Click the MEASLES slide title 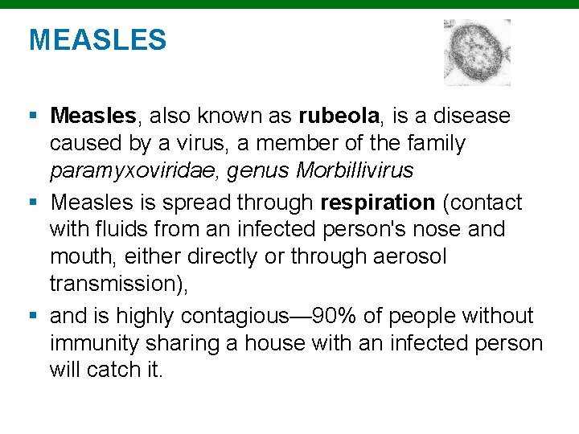(x=97, y=39)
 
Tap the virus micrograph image (x=477, y=52)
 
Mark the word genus (x=261, y=170)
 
